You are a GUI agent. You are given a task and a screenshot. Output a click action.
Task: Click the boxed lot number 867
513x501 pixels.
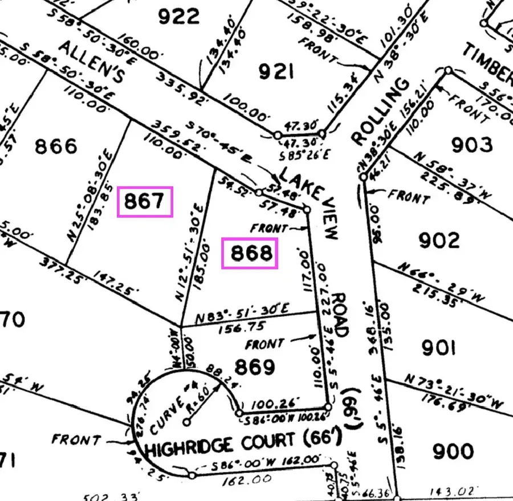click(145, 202)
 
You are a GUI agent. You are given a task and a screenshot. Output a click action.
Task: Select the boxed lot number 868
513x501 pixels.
click(250, 254)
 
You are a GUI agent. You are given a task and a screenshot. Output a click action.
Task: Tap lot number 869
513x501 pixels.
click(255, 367)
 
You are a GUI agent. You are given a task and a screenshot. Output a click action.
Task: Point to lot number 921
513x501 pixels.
click(276, 72)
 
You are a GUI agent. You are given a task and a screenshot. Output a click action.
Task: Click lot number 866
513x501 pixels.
click(56, 146)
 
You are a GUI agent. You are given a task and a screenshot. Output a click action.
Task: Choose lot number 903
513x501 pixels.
click(471, 145)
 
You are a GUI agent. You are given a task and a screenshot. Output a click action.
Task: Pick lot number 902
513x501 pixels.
click(439, 240)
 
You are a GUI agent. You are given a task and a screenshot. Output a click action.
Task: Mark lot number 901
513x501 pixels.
click(438, 347)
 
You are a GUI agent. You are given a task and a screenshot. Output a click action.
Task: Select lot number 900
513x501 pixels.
click(453, 451)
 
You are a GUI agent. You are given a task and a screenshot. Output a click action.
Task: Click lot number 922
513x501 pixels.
click(179, 16)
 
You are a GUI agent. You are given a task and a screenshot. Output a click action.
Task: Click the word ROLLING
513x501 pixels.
click(380, 111)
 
